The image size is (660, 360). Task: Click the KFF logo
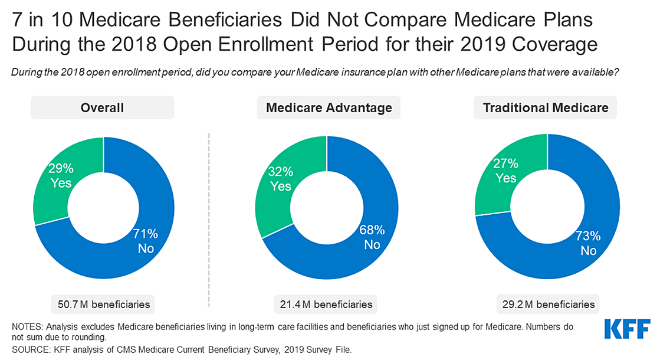tap(628, 329)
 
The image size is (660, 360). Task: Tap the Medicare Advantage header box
tap(329, 108)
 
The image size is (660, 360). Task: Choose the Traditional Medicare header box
tap(546, 108)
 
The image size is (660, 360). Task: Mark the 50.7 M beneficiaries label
tap(103, 305)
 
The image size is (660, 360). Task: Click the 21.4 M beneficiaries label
tap(326, 305)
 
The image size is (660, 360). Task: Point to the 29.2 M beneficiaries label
tap(548, 305)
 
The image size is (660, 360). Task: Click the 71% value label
tap(145, 234)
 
